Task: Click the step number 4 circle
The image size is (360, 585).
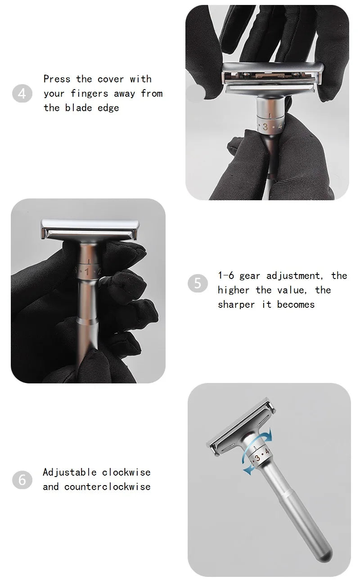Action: tap(22, 94)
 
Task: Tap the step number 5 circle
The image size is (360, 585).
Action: tap(198, 283)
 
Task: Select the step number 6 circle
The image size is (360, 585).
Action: tap(22, 480)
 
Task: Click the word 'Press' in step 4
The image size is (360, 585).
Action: tap(57, 79)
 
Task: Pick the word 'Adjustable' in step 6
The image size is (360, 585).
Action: tap(69, 472)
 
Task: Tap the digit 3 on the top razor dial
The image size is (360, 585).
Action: tap(265, 127)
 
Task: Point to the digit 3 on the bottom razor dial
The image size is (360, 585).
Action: tap(257, 459)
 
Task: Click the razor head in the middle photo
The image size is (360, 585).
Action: tap(88, 229)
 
